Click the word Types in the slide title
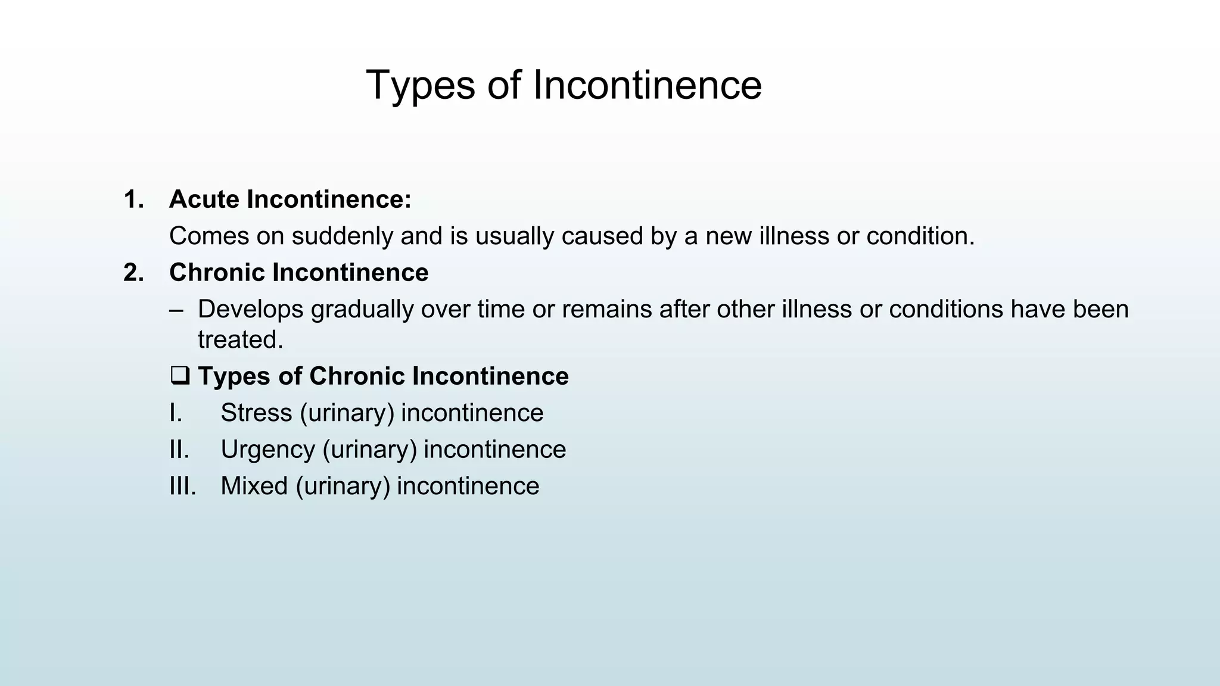tap(421, 85)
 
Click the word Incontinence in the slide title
tap(647, 85)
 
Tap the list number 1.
tap(133, 199)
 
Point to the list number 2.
tap(133, 273)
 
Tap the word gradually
tap(362, 310)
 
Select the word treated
tap(240, 340)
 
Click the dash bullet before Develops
tap(176, 310)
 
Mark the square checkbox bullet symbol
tap(179, 376)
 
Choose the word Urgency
tap(267, 450)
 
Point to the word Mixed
tap(254, 486)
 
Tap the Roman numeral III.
tap(182, 486)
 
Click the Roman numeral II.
tap(179, 450)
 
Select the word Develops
tap(250, 310)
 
